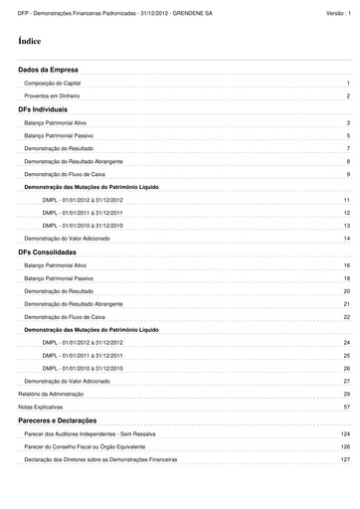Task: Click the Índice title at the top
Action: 30,44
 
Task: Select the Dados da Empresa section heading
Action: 42,71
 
